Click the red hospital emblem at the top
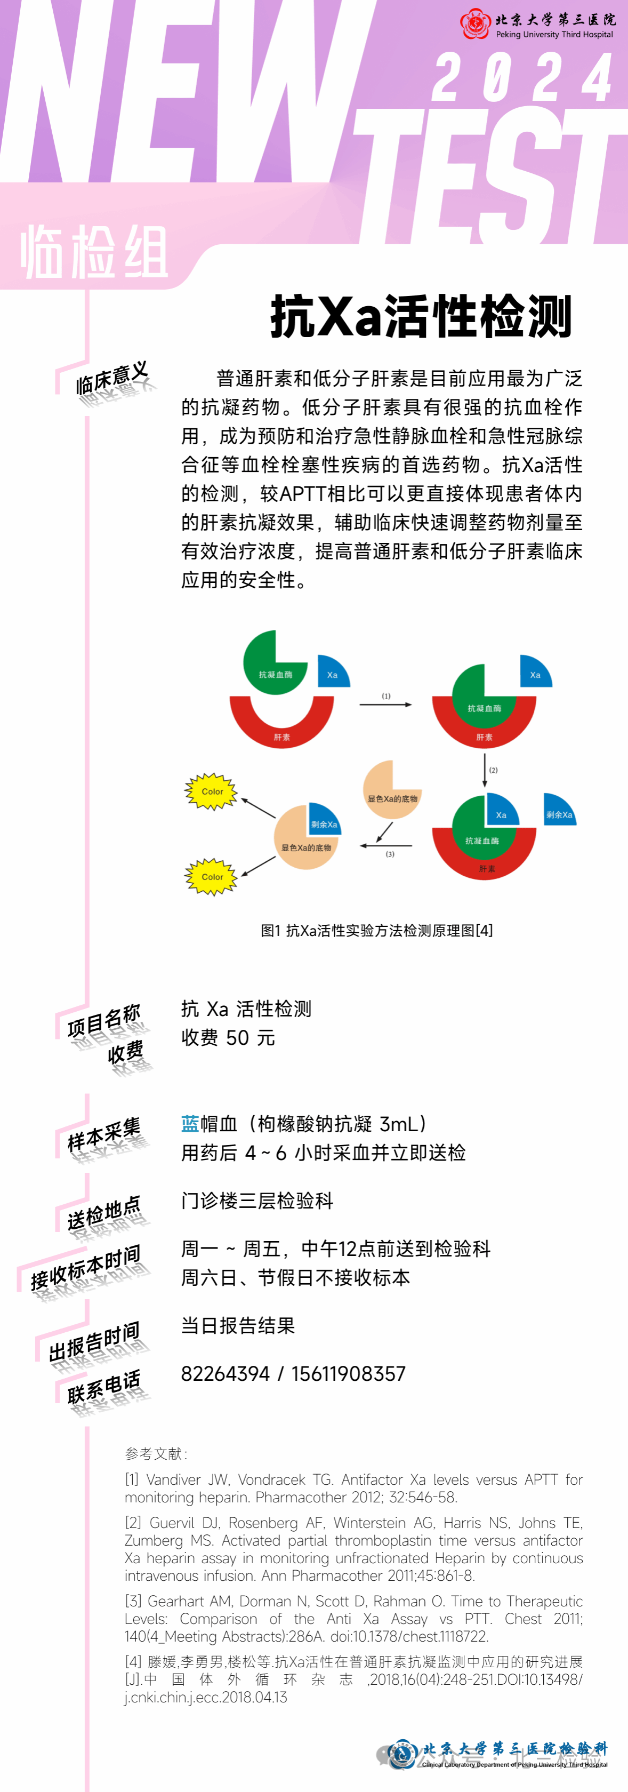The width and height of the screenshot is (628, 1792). tap(475, 25)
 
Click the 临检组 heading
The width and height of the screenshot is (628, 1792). tap(94, 252)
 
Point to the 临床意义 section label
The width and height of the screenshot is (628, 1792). tap(111, 378)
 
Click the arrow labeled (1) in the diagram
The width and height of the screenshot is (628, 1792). tap(385, 704)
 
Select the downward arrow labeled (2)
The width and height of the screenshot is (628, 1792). tap(485, 770)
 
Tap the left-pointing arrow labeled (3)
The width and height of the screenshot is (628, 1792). tap(386, 846)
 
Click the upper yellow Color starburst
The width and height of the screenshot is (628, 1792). tap(212, 791)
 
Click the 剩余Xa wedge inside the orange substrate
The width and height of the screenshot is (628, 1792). tap(324, 821)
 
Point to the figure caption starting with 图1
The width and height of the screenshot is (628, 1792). tap(376, 930)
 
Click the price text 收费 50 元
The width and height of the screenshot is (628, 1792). tap(228, 1038)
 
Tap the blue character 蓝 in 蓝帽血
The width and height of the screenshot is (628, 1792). tap(190, 1124)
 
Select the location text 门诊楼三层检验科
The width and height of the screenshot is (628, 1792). tap(256, 1200)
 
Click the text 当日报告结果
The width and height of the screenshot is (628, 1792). tap(238, 1325)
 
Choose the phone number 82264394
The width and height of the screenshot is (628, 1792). tap(224, 1374)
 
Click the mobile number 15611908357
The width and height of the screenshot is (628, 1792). tap(348, 1374)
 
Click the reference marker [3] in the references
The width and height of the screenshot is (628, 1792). tap(134, 1602)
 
